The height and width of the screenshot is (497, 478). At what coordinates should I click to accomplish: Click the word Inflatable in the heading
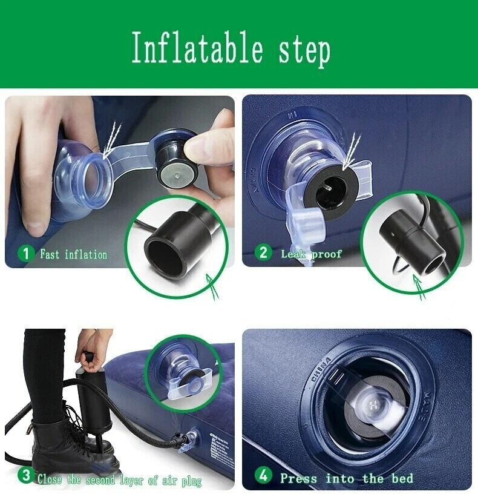coord(197,48)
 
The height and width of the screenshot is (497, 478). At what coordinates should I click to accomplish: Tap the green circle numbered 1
coord(25,254)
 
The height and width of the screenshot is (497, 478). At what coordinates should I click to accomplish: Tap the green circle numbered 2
coord(263,252)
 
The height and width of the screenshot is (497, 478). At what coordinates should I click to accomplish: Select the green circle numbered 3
coord(25,476)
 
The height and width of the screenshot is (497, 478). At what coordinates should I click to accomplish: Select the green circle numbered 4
coord(263,476)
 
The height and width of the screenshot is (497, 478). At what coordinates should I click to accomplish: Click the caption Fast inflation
coord(73,254)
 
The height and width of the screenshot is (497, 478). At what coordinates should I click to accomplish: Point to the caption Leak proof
coord(312,254)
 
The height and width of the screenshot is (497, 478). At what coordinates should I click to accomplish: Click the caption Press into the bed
coord(347,478)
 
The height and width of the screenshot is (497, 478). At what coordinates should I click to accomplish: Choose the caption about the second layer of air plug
coord(119,480)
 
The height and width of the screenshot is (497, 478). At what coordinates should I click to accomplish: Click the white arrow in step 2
coord(352,151)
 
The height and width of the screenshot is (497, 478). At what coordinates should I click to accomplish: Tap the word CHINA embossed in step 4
coord(321,370)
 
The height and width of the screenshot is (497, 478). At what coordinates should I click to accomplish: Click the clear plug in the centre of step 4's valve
coord(372,405)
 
